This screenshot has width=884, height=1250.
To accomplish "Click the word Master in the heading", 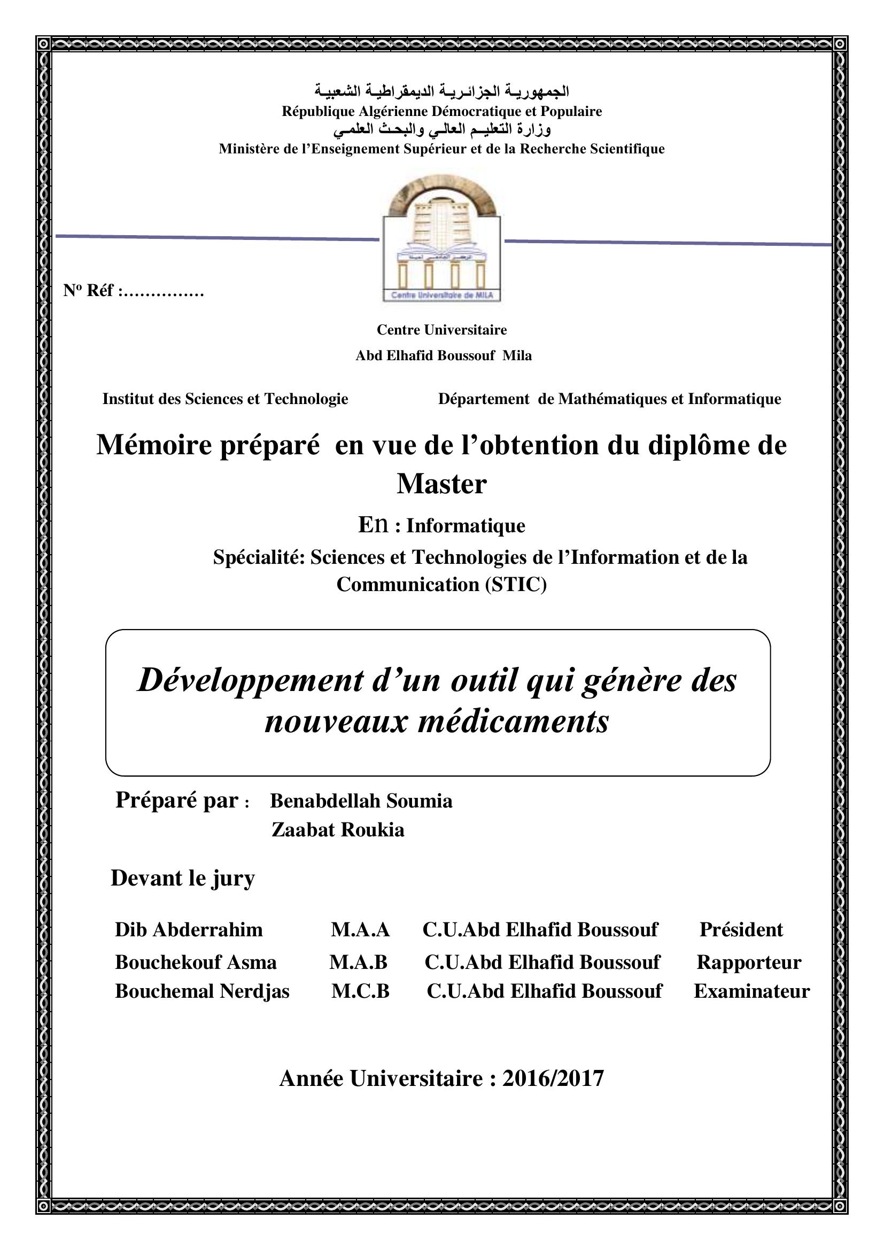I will tap(441, 484).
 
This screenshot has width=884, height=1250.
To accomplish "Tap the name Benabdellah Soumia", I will tap(361, 801).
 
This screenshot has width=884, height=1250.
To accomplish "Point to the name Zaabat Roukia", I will tap(338, 830).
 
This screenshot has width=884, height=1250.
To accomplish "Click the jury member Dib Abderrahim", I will tap(188, 929).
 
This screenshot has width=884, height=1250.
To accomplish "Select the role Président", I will tap(741, 929).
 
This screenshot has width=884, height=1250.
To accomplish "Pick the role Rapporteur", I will tap(748, 962).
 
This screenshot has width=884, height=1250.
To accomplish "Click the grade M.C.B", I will tap(360, 991).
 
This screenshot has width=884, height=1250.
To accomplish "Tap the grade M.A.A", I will tap(360, 929).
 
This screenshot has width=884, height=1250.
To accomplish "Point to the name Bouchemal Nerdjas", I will tap(202, 991).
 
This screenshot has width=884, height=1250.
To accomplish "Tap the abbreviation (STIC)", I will tap(514, 585).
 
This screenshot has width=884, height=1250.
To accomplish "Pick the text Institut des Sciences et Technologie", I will tap(225, 399).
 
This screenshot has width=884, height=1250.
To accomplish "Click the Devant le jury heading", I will tap(182, 878).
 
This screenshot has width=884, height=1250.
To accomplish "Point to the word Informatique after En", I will tap(466, 526).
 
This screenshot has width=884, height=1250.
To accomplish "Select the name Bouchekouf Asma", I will tap(196, 962).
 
